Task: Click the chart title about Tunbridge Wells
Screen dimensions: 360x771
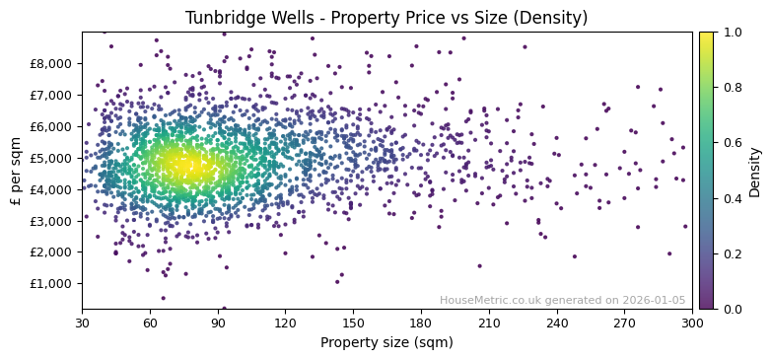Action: click(x=386, y=17)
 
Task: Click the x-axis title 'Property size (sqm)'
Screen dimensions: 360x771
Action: click(x=386, y=343)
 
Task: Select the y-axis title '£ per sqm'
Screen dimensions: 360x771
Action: click(x=16, y=170)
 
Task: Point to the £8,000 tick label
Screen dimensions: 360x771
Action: click(x=51, y=63)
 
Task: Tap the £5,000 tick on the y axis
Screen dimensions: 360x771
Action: click(x=51, y=158)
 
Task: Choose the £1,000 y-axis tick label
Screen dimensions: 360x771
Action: click(x=51, y=283)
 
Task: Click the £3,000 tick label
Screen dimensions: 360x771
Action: click(x=51, y=220)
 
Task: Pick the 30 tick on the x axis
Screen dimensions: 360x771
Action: click(x=82, y=323)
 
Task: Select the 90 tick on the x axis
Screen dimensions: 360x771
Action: click(x=218, y=323)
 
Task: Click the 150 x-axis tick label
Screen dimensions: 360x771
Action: click(x=353, y=323)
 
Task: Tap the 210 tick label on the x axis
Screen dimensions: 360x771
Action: click(x=489, y=323)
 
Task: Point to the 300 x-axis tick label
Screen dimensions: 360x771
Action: click(x=692, y=323)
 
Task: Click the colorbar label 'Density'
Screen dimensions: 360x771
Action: click(x=755, y=170)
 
